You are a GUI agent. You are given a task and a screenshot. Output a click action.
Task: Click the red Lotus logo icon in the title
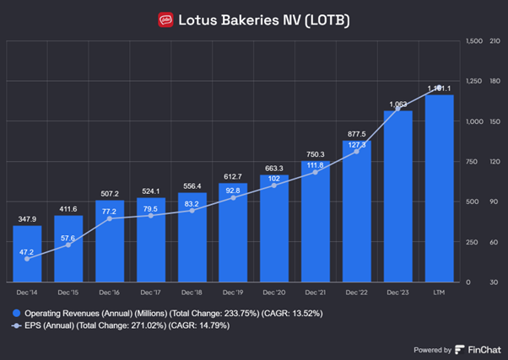point(166,19)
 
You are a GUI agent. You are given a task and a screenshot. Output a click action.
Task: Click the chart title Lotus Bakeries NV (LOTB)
point(263,19)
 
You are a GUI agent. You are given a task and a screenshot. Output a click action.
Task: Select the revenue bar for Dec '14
point(28,253)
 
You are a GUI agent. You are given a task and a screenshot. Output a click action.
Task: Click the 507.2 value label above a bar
point(110,191)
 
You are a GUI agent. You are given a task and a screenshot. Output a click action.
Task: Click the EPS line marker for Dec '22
point(357,152)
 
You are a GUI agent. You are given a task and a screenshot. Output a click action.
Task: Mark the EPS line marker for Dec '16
point(110,219)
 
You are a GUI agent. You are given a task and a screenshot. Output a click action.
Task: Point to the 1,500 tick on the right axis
point(473,40)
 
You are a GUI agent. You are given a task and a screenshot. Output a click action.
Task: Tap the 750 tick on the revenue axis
point(473,161)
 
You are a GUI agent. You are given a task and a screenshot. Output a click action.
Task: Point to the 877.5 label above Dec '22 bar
point(357,133)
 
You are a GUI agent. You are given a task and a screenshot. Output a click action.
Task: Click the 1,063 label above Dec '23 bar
point(398,105)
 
